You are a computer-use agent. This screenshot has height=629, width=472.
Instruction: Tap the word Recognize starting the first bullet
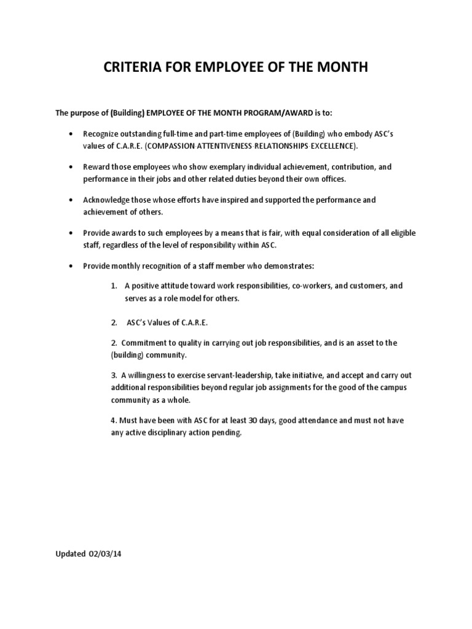[x=101, y=133]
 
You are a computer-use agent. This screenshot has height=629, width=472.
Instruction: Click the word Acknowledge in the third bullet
[x=108, y=200]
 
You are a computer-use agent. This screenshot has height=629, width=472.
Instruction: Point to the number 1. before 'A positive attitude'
[x=114, y=286]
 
